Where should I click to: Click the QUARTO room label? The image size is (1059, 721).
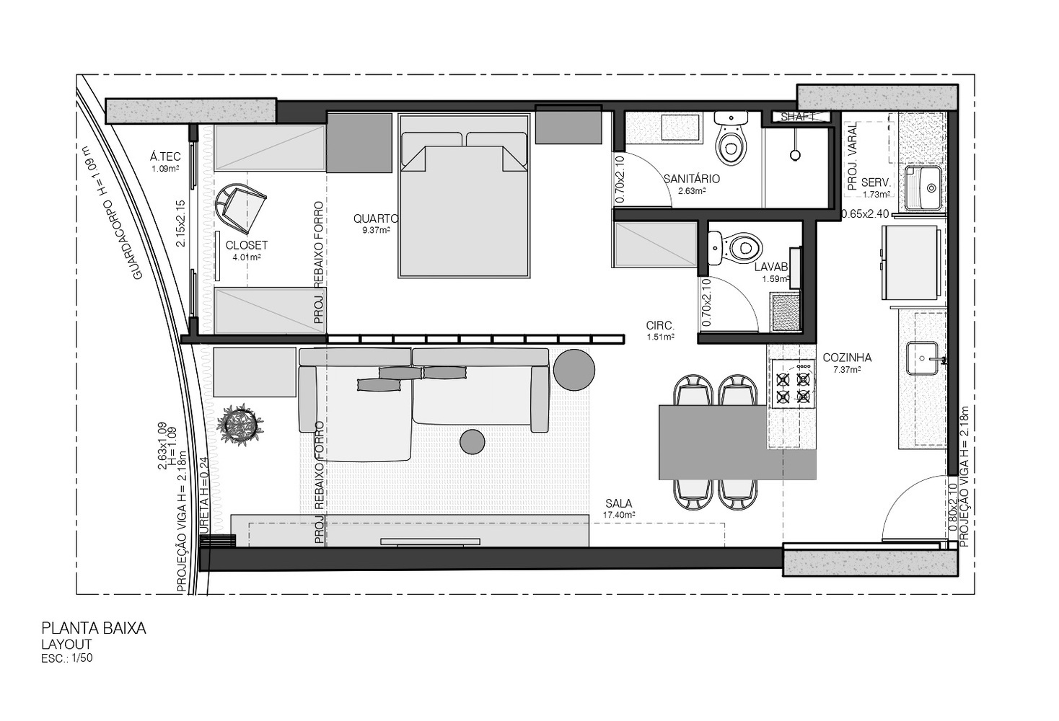pos(376,218)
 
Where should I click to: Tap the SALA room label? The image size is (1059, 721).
pos(618,503)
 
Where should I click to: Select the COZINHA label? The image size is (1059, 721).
pos(847,358)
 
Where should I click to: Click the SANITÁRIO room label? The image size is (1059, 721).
pos(691,179)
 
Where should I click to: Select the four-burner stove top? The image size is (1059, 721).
pos(793,383)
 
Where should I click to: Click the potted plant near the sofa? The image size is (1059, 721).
pos(240,425)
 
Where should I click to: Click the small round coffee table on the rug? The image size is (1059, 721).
pos(473,441)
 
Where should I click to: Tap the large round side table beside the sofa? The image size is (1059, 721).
pos(574,369)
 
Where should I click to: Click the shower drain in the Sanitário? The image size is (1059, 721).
pos(795,154)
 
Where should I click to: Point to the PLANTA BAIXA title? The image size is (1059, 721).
pos(94,628)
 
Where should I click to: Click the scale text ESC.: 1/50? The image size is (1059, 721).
pos(67,658)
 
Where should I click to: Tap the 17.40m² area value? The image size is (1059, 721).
pos(618,516)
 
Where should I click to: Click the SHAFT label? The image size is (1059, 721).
pos(799,116)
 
